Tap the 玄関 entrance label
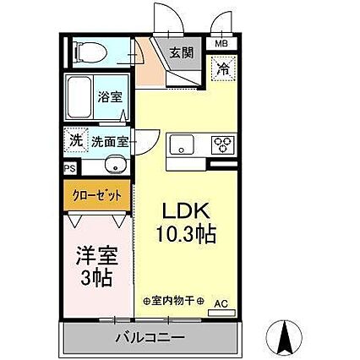pos(181,52)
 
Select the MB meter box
pos(221,44)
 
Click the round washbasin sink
pos(117,165)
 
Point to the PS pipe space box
pos(69,166)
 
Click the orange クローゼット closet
pos(96,194)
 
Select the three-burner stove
pos(224,145)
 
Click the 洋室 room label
pos(95,253)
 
